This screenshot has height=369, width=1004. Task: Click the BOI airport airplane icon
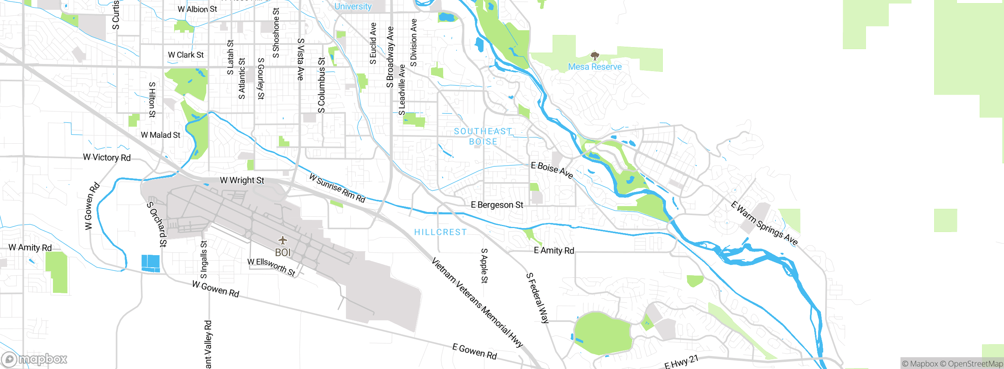(282, 240)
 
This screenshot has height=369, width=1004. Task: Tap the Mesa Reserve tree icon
(595, 56)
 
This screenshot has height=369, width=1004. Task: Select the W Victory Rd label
(107, 157)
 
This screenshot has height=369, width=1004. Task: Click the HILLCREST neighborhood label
(440, 232)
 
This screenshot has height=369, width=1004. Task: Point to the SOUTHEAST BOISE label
(483, 136)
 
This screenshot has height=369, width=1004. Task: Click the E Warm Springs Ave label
(764, 223)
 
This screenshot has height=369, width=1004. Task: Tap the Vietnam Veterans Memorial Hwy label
(477, 302)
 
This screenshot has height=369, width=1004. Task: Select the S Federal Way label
(537, 298)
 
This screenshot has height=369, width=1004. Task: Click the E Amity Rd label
(554, 250)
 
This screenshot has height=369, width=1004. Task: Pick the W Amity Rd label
(30, 248)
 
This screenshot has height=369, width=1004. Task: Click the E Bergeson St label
(497, 205)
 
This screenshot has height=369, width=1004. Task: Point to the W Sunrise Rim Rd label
(337, 188)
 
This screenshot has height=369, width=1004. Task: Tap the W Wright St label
(242, 181)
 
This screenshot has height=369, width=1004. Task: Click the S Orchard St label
(157, 224)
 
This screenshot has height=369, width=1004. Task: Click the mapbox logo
(34, 359)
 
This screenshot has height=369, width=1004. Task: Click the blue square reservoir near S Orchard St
(151, 263)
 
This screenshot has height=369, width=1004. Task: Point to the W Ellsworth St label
(271, 267)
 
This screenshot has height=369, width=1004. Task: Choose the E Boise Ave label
(552, 170)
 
